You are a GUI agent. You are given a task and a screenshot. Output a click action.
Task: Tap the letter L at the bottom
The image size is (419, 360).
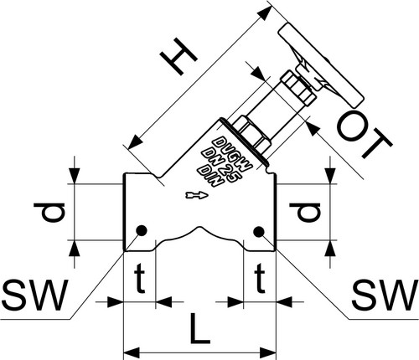click(199, 329)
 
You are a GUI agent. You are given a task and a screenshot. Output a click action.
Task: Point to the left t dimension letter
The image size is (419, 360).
click(140, 279)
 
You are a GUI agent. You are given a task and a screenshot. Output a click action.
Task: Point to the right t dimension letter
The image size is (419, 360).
click(260, 279)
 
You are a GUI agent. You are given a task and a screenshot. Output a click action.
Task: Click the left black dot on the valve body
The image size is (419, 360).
click(142, 230)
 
